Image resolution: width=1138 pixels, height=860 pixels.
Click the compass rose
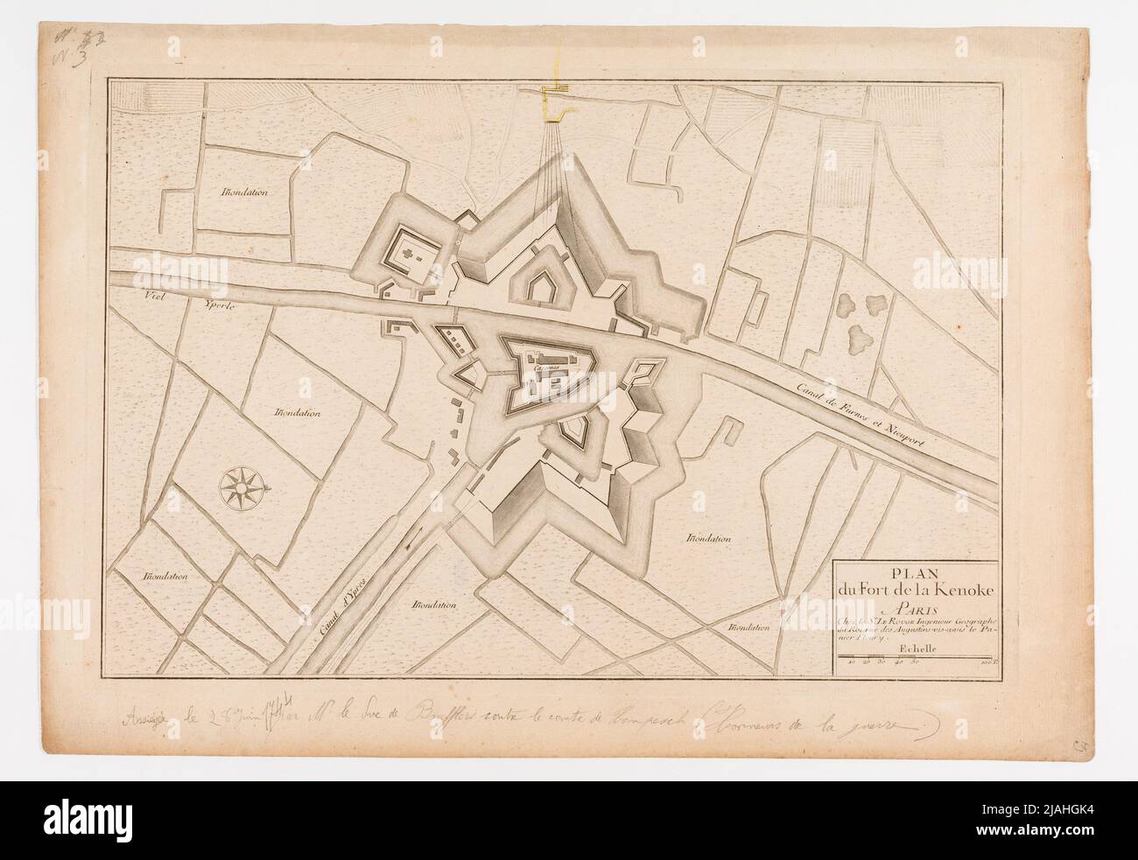(x=238, y=486)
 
